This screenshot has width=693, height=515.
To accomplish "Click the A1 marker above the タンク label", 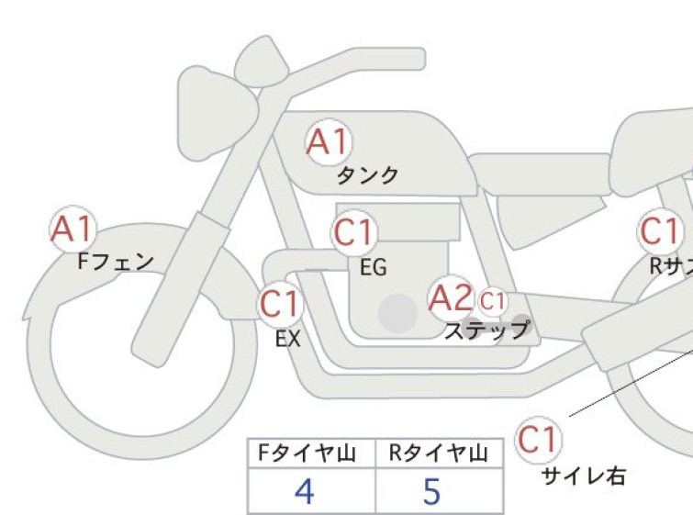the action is tap(330, 142).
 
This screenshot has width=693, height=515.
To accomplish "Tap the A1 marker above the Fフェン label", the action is tap(73, 229).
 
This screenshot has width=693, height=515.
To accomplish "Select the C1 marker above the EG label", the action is tap(355, 232).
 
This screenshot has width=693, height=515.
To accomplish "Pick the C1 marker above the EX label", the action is tap(281, 304).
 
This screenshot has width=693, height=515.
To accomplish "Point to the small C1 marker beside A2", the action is tap(492, 301).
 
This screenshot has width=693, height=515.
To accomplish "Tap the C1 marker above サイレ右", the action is tap(538, 440).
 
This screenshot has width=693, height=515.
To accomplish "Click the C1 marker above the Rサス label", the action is tap(660, 231).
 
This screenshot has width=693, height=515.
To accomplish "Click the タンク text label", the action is tap(367, 176).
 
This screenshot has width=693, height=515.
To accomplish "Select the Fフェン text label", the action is tap(116, 262).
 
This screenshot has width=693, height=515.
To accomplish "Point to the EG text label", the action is tap(374, 267).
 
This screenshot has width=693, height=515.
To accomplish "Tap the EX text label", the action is tap(288, 340).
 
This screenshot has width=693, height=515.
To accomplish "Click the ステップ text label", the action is tap(487, 330).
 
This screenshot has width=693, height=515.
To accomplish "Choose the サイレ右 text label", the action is tap(584, 476).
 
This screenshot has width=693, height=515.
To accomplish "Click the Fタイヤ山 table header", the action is tap(307, 453).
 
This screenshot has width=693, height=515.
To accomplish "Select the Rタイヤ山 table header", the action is tap(439, 453).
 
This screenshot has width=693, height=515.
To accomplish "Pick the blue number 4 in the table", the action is tap(304, 491).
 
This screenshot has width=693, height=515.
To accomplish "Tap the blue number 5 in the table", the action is tap(431, 491).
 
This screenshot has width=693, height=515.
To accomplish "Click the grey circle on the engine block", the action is tap(398, 312).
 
